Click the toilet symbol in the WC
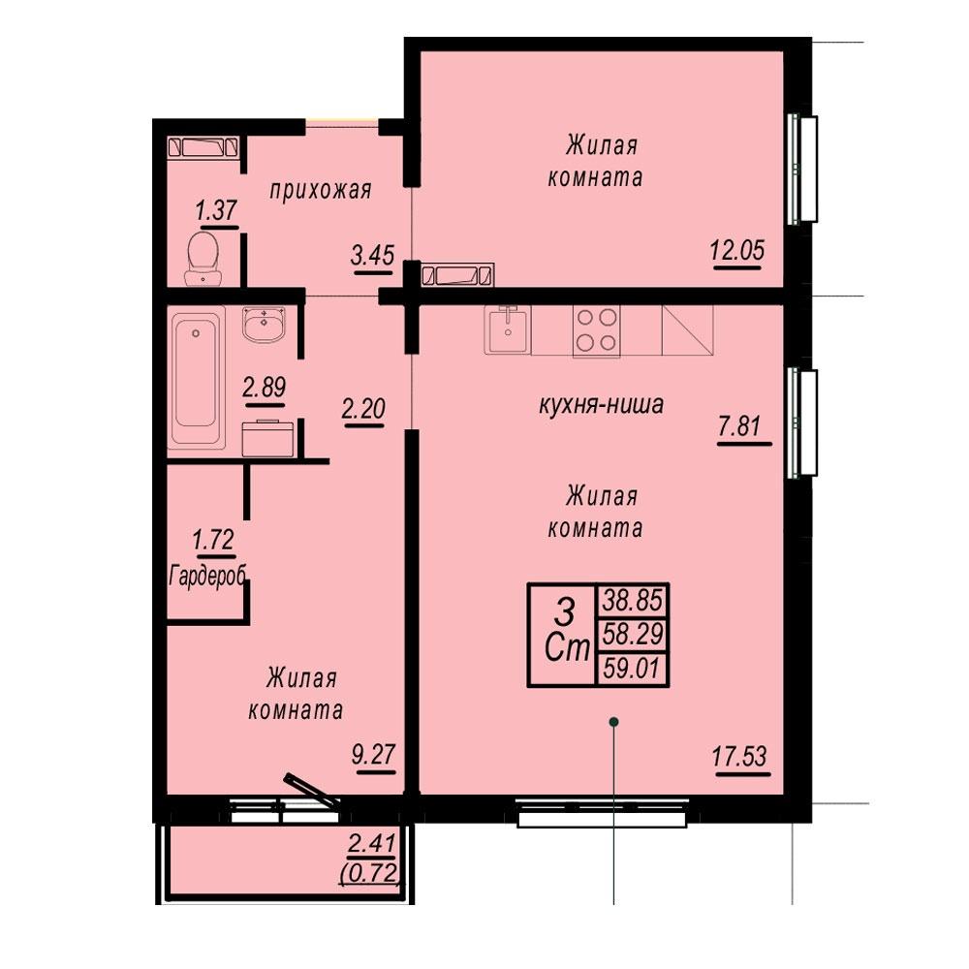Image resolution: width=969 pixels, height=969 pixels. point(203,259)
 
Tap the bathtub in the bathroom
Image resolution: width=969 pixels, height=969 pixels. point(196,379)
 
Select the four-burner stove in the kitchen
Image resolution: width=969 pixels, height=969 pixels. point(596,330)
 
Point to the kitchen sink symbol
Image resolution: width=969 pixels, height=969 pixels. point(508,330)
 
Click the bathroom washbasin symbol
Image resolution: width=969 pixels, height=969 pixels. point(265,324)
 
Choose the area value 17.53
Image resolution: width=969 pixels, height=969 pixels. point(739,756)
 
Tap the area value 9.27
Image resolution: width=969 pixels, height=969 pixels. point(373,754)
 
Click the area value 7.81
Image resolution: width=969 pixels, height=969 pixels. point(739,425)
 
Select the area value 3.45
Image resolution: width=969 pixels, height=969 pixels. point(372,254)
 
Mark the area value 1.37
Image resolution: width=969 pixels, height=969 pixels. point(216,209)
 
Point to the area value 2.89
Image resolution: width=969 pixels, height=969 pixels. point(265,388)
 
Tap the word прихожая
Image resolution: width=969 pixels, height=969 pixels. point(321,190)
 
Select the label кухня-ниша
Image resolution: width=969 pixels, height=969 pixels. point(602,405)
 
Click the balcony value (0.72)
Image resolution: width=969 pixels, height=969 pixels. point(370,874)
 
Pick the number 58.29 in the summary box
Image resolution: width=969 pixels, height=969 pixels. point(633,634)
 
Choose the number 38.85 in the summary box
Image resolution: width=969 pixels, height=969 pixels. point(633,600)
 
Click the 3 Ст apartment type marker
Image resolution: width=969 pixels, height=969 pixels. point(567,631)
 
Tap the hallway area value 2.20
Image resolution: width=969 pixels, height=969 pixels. point(363,409)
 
